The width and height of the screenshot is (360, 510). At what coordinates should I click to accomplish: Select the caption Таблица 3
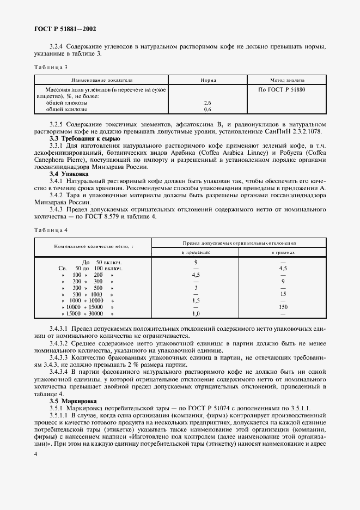51,67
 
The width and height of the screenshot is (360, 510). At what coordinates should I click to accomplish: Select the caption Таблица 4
51,230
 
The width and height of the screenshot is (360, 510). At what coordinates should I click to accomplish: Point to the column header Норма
208,80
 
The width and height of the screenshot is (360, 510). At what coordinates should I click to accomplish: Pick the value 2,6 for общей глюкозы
208,102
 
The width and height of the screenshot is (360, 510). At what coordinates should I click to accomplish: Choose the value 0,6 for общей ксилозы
208,110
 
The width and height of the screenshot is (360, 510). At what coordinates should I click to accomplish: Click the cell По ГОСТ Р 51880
282,88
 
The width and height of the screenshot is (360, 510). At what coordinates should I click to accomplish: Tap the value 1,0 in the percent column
196,314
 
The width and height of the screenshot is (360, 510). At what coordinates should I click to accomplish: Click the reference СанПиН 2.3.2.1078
295,132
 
